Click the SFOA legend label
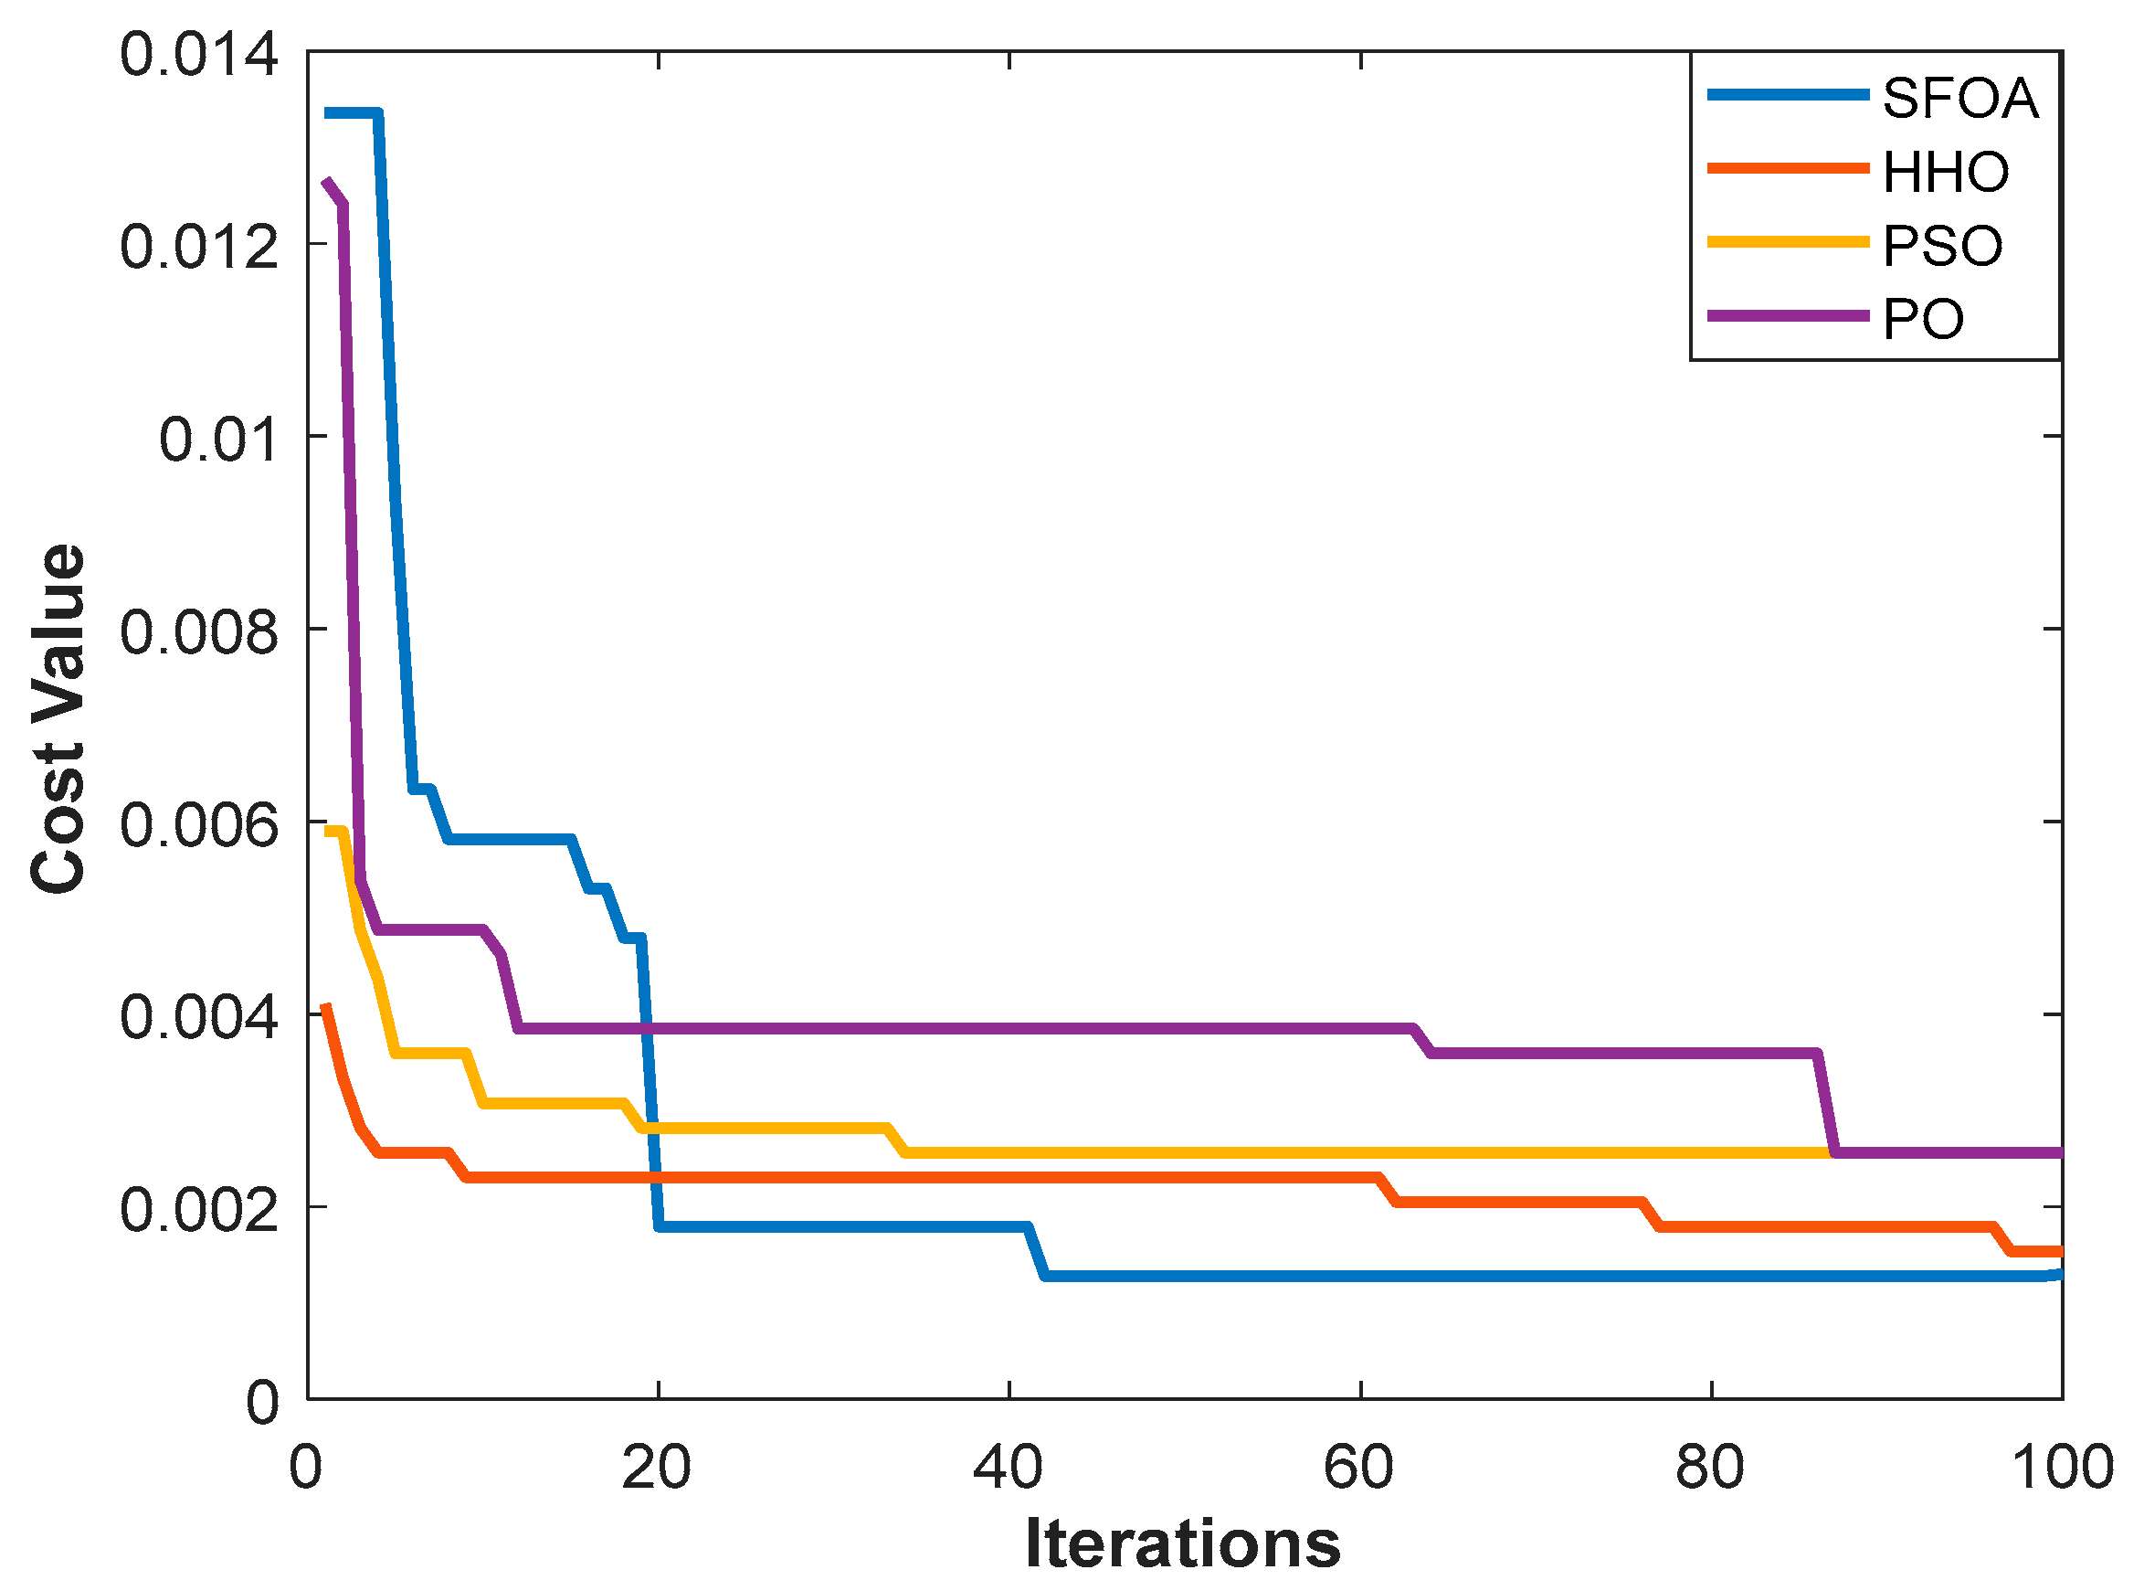click(1959, 98)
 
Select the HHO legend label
click(1946, 172)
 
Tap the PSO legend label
click(1942, 245)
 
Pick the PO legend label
click(1923, 318)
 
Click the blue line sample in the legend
click(1788, 95)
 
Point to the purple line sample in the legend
click(1788, 315)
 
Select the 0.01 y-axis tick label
click(219, 440)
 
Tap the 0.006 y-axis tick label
click(199, 825)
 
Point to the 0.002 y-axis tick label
click(199, 1211)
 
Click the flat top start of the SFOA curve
click(353, 113)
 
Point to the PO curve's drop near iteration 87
click(1825, 1104)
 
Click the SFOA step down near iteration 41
click(1037, 1252)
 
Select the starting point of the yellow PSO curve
click(327, 831)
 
